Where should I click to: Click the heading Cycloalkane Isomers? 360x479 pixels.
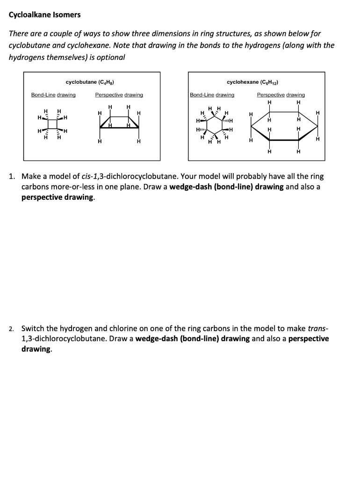(x=45, y=15)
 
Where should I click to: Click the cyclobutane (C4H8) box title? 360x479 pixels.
(x=91, y=82)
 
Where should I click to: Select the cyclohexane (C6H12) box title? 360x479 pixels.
(x=253, y=82)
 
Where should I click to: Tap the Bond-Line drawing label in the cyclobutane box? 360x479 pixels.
(x=53, y=95)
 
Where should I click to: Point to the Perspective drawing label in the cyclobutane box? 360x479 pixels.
(x=119, y=95)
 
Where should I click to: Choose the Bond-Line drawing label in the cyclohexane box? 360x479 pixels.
(x=212, y=95)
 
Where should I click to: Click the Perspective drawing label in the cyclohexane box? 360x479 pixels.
(x=281, y=95)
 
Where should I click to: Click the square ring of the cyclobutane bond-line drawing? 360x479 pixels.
(x=52, y=124)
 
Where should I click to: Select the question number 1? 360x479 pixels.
(x=13, y=177)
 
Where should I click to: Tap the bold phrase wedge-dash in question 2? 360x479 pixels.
(x=155, y=339)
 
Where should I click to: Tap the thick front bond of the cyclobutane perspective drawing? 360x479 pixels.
(x=119, y=128)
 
